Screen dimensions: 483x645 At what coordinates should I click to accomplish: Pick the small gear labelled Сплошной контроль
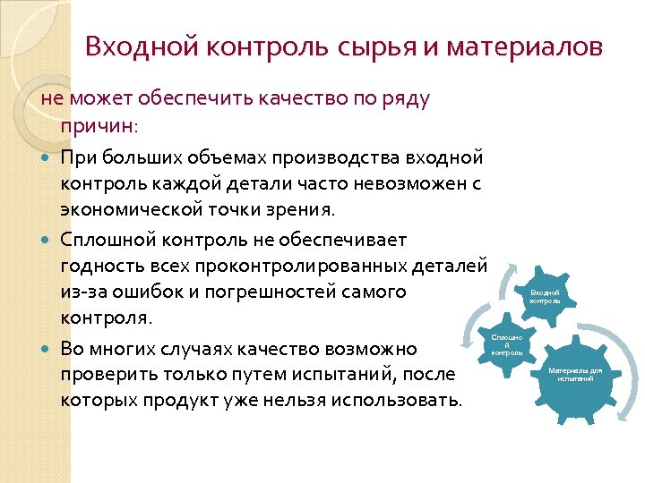pos(507,343)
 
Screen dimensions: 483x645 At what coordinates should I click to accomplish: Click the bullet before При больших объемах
pos(47,158)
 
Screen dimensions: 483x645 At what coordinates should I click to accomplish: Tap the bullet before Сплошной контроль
pos(47,241)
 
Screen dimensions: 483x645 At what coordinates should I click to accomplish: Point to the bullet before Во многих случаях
pos(47,348)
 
